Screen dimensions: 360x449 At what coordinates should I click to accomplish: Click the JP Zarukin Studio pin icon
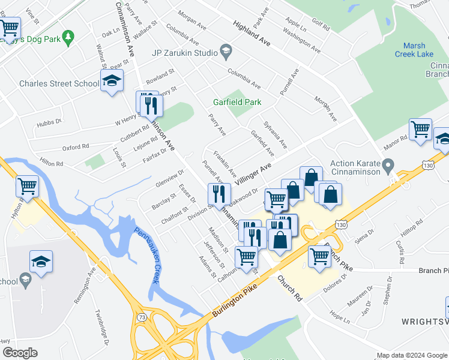click(x=226, y=52)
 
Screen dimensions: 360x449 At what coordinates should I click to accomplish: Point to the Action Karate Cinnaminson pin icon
click(x=388, y=164)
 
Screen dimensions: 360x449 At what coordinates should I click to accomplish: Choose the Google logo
click(x=20, y=352)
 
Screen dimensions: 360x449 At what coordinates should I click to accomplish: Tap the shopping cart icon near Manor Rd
click(x=420, y=129)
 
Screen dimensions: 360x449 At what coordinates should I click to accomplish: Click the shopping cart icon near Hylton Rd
click(x=28, y=186)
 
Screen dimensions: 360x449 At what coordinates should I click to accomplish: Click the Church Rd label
click(x=289, y=287)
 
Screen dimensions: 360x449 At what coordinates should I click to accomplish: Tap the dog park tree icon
click(x=68, y=37)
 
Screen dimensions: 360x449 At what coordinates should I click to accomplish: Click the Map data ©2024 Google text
click(x=412, y=355)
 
